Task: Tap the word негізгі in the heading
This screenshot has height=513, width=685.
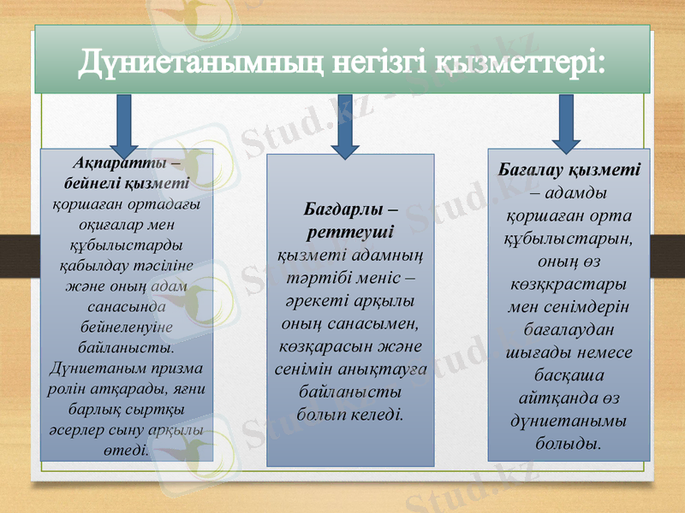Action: pos(379,61)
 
